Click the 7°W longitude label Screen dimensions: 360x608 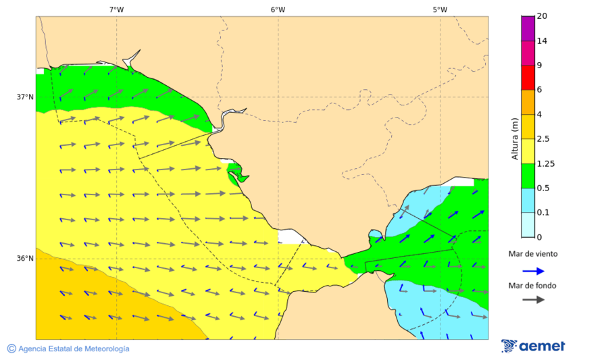(x=116, y=9)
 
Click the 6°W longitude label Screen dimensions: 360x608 (x=278, y=9)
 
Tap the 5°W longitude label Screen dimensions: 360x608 (x=440, y=9)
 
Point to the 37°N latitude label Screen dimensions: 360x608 (x=25, y=97)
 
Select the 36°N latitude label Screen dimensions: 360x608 (x=25, y=259)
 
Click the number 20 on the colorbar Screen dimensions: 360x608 (x=542, y=16)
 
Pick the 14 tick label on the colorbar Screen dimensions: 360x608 (x=542, y=41)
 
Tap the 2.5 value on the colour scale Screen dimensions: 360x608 (x=543, y=139)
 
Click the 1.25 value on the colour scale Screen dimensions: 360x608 (x=545, y=163)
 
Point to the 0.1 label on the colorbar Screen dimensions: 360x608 (x=542, y=213)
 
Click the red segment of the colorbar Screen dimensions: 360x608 (x=528, y=78)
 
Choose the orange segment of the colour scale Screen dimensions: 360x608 (x=528, y=102)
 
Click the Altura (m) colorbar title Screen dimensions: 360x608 (x=515, y=139)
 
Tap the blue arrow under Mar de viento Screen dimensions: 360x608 (x=533, y=271)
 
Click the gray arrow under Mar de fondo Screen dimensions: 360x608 (x=533, y=299)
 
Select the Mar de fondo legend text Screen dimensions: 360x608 (x=533, y=286)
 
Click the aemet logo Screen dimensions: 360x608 (x=534, y=346)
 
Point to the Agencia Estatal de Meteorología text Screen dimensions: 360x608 (x=74, y=349)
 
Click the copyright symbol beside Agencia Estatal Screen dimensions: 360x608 (x=11, y=349)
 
